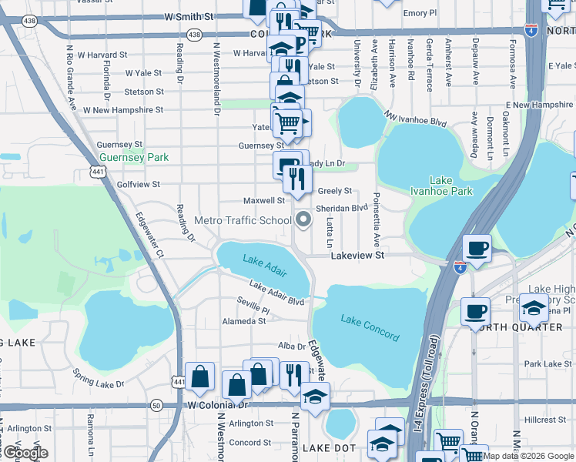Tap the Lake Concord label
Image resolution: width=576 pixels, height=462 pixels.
[x=370, y=329]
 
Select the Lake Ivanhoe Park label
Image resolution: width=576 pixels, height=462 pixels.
[x=440, y=186]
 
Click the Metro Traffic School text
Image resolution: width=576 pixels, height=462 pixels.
[x=243, y=220]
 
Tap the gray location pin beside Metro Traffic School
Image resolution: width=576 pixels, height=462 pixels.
[x=303, y=220]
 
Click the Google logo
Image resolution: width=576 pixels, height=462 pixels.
[x=25, y=452]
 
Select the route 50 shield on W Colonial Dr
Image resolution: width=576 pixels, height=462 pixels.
[x=156, y=404]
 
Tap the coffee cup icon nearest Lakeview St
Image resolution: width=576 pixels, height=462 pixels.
[x=477, y=249]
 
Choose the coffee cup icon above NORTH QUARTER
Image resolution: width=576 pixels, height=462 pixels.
[x=476, y=310]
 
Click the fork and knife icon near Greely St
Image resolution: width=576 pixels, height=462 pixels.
[x=296, y=179]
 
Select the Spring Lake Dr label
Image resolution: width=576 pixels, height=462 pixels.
[x=98, y=378]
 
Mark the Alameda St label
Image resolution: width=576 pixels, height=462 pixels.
[x=243, y=321]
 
